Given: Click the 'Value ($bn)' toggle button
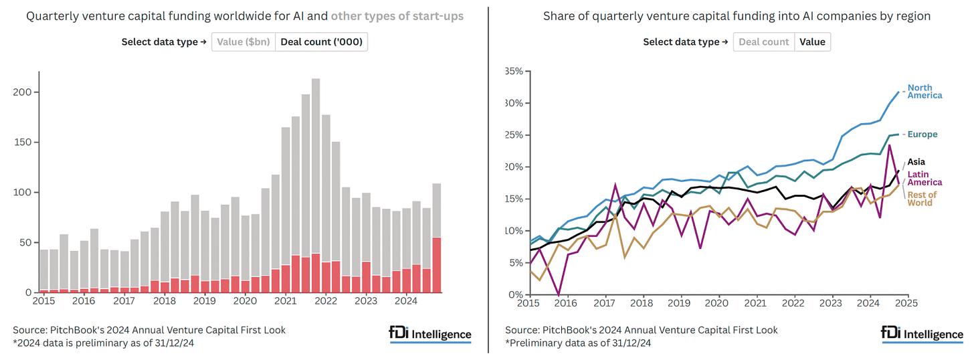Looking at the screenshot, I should [243, 42].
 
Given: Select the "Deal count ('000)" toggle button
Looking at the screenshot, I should [321, 42].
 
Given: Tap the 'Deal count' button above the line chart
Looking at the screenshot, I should [764, 41].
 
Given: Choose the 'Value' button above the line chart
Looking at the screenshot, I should [812, 41].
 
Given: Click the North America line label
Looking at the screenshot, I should [924, 92].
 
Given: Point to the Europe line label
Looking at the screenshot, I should [922, 134].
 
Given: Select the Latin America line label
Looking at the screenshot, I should [924, 178].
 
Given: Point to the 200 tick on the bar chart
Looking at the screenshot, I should [21, 92].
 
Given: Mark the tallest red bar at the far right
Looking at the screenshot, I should [436, 265].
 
